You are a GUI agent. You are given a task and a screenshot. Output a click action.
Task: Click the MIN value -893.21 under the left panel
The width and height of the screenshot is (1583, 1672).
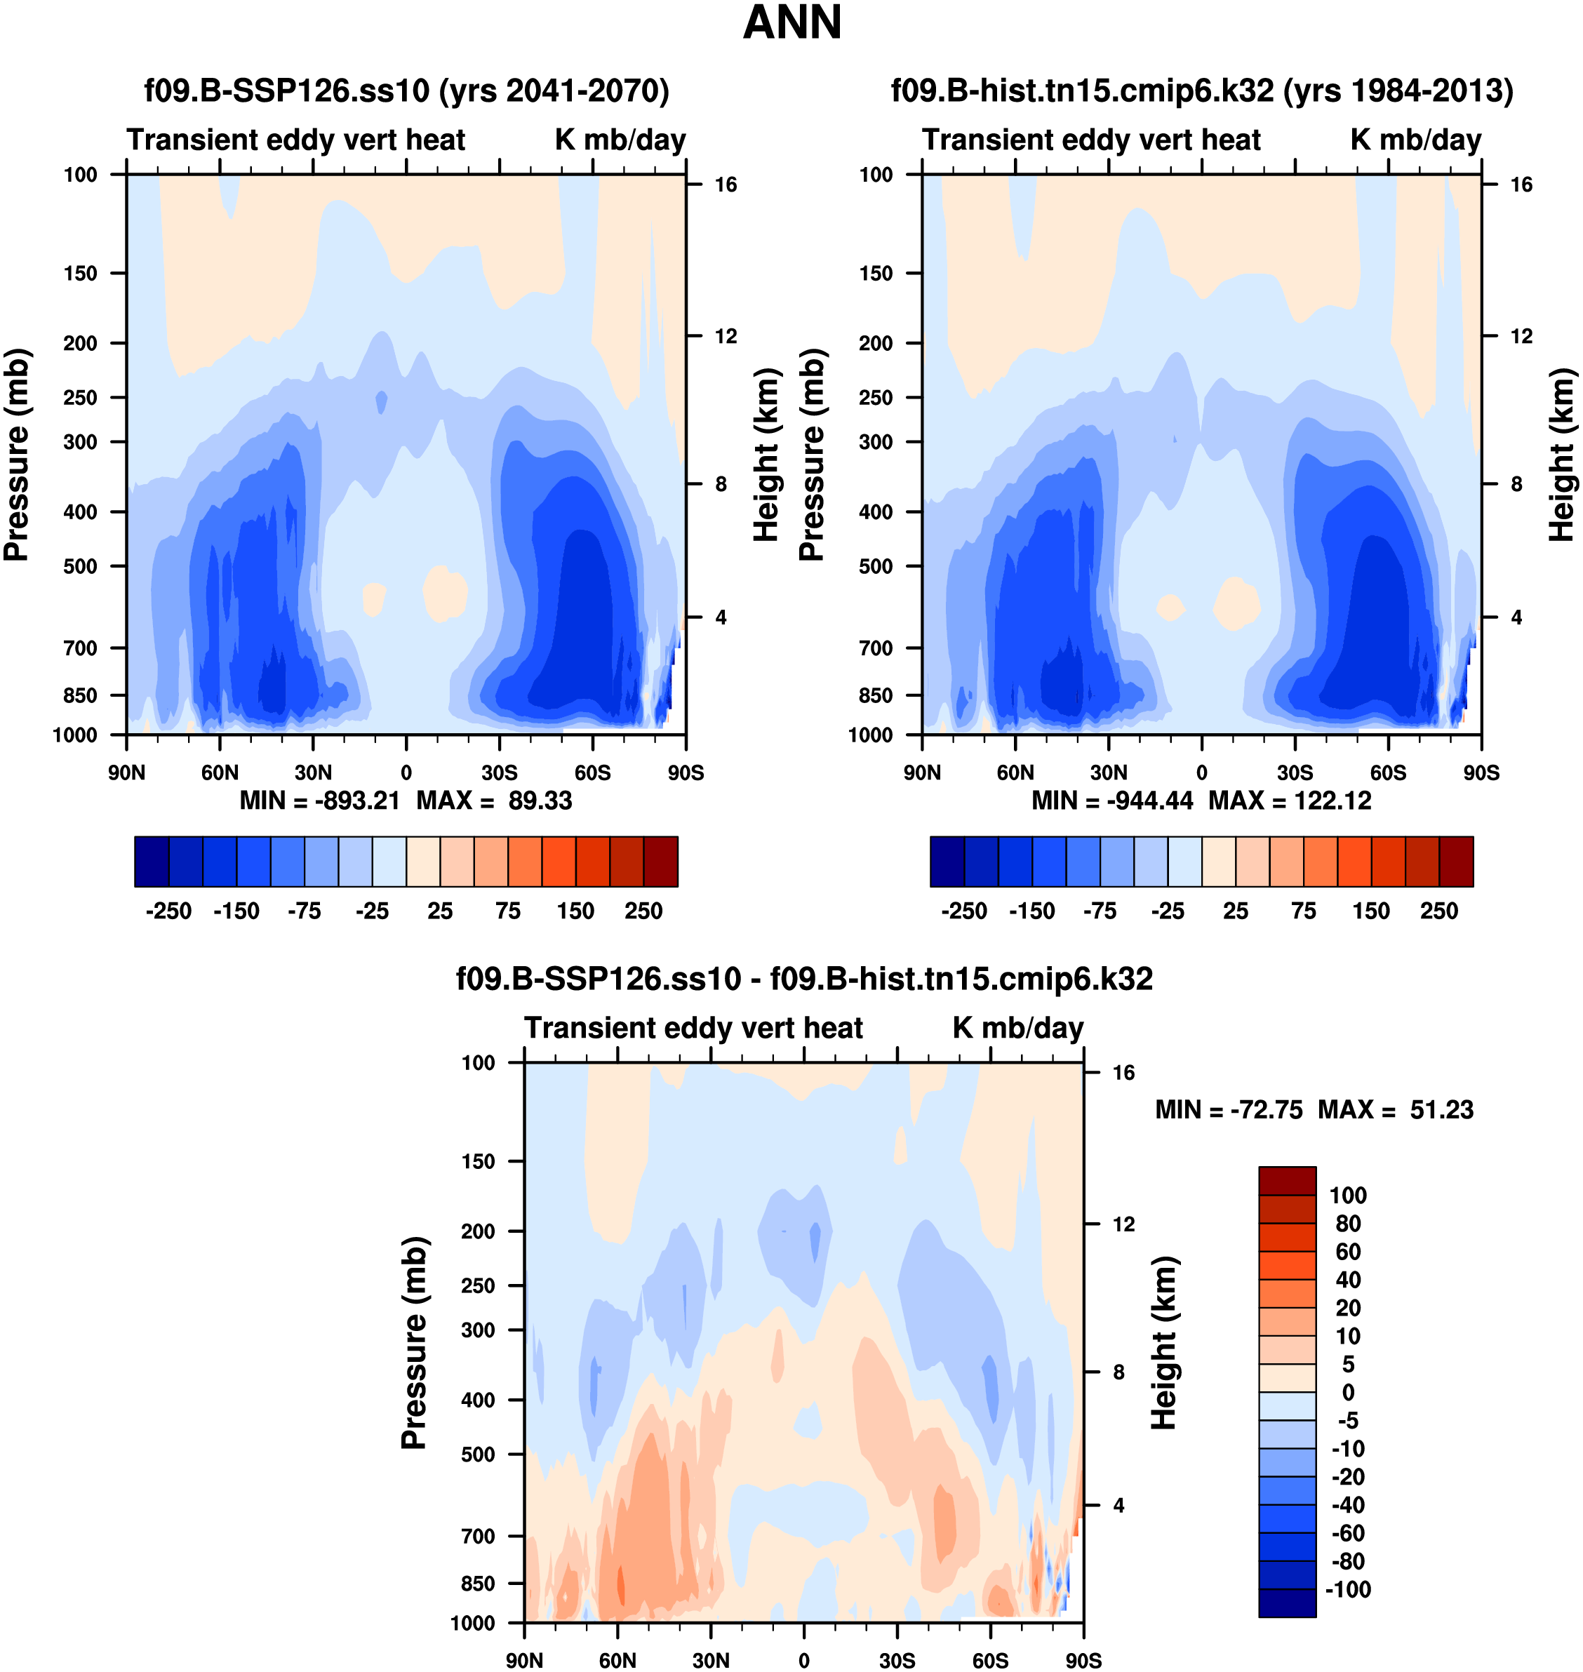pos(357,801)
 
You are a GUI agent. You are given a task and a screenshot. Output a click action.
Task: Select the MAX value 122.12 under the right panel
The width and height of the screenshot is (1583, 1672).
pos(1332,801)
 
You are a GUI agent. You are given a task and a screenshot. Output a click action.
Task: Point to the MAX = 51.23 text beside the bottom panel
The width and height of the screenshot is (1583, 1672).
pos(1396,1110)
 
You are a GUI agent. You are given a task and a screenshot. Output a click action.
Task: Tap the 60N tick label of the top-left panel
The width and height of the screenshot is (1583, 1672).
pos(220,773)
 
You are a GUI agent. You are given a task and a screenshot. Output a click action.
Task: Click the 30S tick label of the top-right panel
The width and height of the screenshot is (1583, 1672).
pos(1295,773)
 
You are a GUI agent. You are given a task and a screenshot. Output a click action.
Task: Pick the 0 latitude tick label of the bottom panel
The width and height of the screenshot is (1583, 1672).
pos(803,1660)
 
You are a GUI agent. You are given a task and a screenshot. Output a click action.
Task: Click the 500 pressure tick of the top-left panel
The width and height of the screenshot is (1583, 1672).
pos(80,567)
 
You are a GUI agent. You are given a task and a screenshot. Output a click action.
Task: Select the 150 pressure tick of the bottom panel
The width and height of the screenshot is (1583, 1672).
pos(478,1161)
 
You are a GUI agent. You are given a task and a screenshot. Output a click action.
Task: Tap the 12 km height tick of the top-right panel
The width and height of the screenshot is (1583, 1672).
pos(1521,337)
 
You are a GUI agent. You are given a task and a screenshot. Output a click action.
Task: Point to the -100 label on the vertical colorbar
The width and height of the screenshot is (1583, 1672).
pos(1347,1589)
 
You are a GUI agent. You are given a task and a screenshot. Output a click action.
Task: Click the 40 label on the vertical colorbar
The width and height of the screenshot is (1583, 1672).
pos(1347,1280)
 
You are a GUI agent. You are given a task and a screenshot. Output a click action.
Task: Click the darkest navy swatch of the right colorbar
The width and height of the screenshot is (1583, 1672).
pos(947,862)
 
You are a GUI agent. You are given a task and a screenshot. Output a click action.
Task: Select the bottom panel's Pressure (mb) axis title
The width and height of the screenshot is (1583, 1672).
pos(414,1343)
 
